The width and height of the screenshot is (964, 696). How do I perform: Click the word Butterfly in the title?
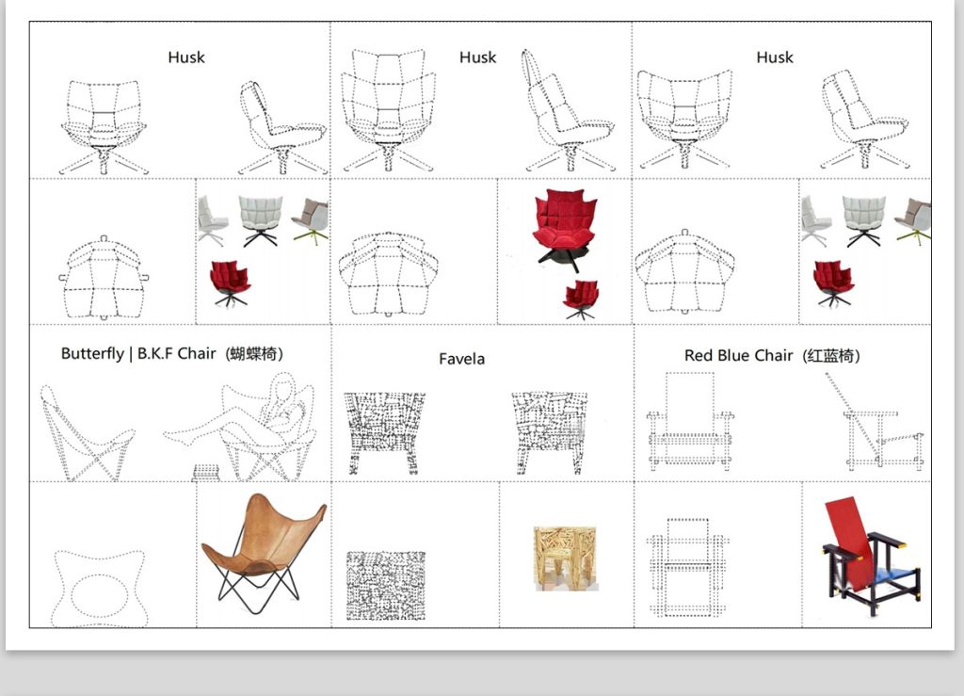[x=92, y=354]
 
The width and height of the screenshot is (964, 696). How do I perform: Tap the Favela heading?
[x=461, y=359]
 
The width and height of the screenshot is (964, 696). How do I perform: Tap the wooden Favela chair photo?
[x=566, y=558]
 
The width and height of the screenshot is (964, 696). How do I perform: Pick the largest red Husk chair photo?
[x=564, y=229]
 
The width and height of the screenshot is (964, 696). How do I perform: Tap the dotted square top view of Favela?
[x=385, y=585]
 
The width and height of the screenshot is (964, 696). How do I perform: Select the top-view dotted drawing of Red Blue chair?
[x=687, y=567]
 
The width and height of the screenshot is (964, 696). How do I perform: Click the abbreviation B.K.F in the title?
[x=155, y=353]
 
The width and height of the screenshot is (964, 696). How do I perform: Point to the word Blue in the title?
[x=733, y=355]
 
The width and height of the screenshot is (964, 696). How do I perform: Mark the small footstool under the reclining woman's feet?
[x=206, y=473]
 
